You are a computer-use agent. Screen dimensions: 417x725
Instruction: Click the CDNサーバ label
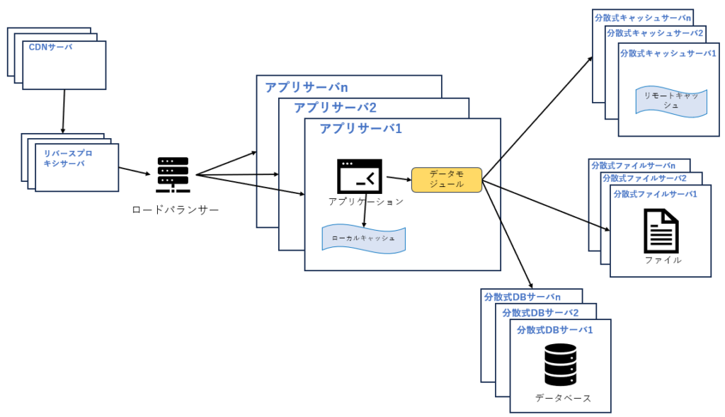pyautogui.click(x=50, y=47)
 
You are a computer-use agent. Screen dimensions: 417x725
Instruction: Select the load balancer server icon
pyautogui.click(x=173, y=175)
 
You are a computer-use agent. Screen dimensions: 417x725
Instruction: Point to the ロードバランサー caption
pyautogui.click(x=175, y=210)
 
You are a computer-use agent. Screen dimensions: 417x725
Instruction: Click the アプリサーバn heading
pyautogui.click(x=307, y=87)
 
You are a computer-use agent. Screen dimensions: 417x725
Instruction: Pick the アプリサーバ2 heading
pyautogui.click(x=335, y=108)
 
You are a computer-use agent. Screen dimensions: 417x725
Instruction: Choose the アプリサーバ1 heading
pyautogui.click(x=360, y=129)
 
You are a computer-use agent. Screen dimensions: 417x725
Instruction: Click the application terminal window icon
pyautogui.click(x=360, y=176)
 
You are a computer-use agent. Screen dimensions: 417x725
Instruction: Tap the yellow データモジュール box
pyautogui.click(x=446, y=178)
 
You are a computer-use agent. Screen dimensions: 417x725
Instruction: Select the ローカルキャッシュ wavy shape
pyautogui.click(x=363, y=239)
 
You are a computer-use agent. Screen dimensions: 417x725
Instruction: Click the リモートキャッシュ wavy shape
pyautogui.click(x=670, y=101)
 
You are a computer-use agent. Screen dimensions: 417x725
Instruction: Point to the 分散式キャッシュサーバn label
pyautogui.click(x=643, y=17)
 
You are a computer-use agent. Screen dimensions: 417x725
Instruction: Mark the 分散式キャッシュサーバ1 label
pyautogui.click(x=668, y=53)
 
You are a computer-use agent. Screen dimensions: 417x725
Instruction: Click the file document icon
pyautogui.click(x=661, y=231)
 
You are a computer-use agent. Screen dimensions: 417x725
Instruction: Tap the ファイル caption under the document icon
pyautogui.click(x=663, y=260)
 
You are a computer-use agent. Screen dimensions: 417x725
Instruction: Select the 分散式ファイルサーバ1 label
pyautogui.click(x=655, y=193)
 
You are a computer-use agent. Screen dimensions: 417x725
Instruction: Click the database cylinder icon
pyautogui.click(x=560, y=365)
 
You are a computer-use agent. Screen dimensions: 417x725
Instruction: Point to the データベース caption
pyautogui.click(x=563, y=399)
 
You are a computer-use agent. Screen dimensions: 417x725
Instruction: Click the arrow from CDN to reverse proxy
pyautogui.click(x=64, y=111)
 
